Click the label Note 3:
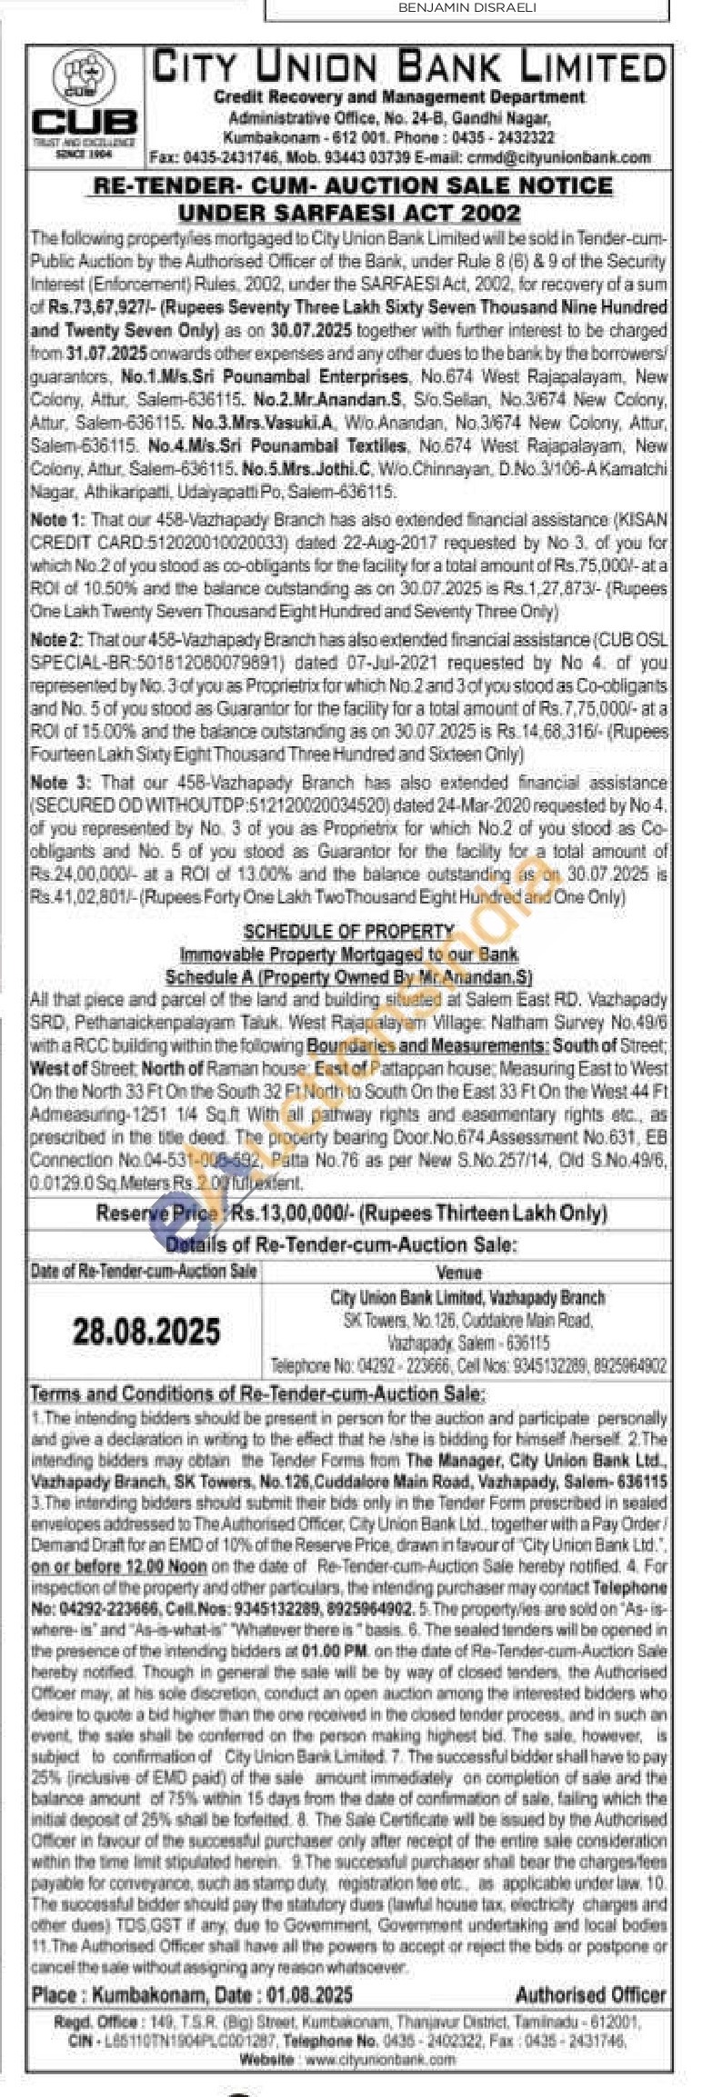coord(60,783)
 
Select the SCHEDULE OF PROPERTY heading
coord(348,931)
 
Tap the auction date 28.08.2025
coord(146,1331)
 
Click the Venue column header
coord(458,1272)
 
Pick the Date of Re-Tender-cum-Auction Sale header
coord(144,1271)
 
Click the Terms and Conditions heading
coord(257,1393)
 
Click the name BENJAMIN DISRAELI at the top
coord(467,8)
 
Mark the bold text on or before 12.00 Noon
coord(118,1566)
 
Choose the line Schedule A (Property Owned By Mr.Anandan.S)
coord(348,976)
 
